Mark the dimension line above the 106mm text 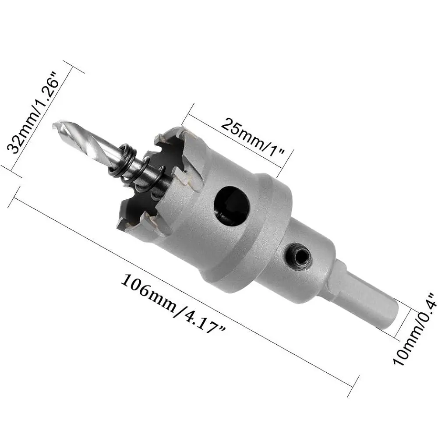184,285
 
